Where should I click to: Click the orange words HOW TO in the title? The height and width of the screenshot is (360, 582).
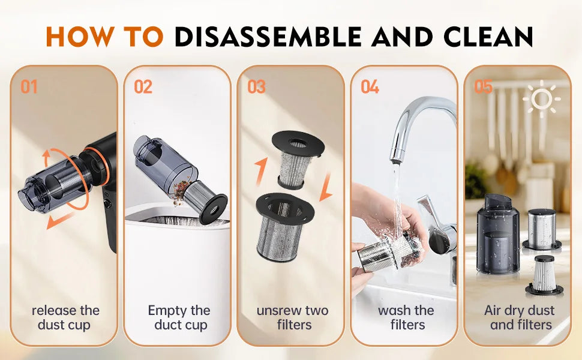pyautogui.click(x=105, y=37)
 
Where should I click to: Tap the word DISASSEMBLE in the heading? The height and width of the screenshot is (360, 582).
pyautogui.click(x=268, y=37)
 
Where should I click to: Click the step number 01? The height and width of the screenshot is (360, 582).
pyautogui.click(x=29, y=87)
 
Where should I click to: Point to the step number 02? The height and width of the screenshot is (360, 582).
pyautogui.click(x=143, y=87)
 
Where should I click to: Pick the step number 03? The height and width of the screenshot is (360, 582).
pyautogui.click(x=256, y=87)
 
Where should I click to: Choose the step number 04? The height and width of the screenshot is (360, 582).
pyautogui.click(x=370, y=87)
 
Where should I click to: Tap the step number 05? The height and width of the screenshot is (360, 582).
pyautogui.click(x=483, y=87)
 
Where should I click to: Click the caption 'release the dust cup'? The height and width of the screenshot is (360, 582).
pyautogui.click(x=65, y=317)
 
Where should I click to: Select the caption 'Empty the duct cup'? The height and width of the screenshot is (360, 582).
pyautogui.click(x=179, y=317)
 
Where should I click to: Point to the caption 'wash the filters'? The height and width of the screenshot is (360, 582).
pyautogui.click(x=406, y=317)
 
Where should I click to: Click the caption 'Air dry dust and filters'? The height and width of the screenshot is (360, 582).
pyautogui.click(x=520, y=317)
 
